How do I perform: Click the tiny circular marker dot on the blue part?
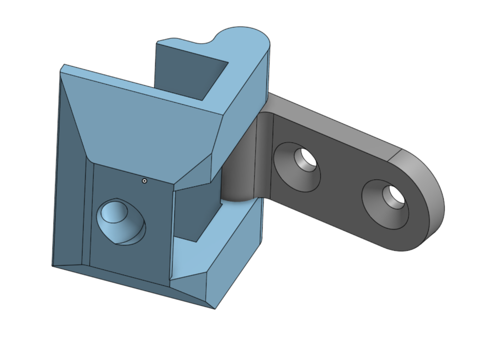coord(144,181)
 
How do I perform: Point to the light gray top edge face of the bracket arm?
coord(335,123)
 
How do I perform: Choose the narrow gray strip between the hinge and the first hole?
coord(264,155)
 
